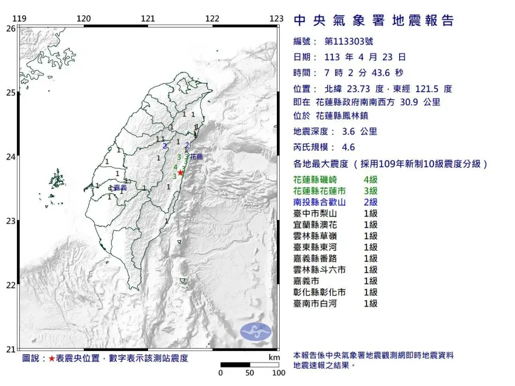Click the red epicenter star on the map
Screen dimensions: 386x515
(x=181, y=172)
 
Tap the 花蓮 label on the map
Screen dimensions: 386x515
(x=196, y=157)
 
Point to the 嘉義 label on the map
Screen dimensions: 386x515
(x=121, y=188)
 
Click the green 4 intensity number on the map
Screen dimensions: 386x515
(x=175, y=167)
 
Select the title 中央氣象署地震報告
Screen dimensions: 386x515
(x=374, y=21)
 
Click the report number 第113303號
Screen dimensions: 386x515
(x=348, y=42)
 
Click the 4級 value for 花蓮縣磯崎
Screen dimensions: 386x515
(x=370, y=180)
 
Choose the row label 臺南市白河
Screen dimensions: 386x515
(x=317, y=304)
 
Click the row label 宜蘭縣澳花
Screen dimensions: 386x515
(x=317, y=225)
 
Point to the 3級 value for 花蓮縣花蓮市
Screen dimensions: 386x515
(x=370, y=191)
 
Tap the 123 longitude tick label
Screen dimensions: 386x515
(x=277, y=19)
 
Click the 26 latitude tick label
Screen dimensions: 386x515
(x=11, y=27)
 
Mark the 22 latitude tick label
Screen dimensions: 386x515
(x=11, y=285)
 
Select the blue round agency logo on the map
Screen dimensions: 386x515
(x=256, y=332)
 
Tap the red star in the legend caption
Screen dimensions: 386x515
(x=52, y=358)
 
